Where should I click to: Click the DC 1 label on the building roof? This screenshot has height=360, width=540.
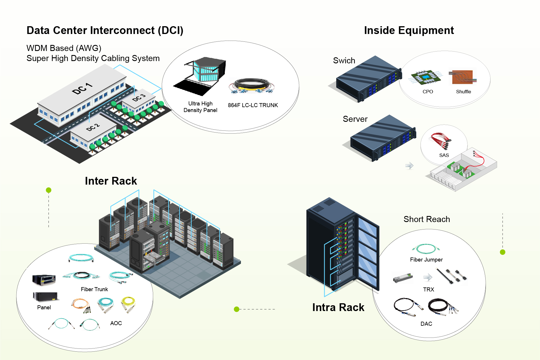tap(82, 88)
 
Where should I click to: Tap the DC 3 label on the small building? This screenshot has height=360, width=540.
tap(139, 98)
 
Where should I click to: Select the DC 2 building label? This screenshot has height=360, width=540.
tap(93, 127)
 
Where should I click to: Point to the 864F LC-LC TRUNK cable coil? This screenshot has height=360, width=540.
tap(252, 86)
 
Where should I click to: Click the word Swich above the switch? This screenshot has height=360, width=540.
tap(344, 60)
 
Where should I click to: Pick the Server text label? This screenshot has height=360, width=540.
tap(355, 119)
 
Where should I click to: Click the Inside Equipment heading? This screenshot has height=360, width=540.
tap(409, 30)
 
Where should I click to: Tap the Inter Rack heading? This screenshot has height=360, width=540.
tap(111, 181)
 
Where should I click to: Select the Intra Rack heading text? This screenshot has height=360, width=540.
tap(338, 307)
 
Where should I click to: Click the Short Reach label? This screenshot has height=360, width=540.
tap(427, 219)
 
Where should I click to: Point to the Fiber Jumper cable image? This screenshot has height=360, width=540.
tap(426, 248)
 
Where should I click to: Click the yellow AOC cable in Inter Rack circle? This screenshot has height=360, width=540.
tap(128, 304)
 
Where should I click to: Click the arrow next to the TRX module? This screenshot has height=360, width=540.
tap(428, 277)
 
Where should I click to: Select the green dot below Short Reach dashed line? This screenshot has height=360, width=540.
tap(503, 252)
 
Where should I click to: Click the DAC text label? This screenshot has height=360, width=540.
tap(426, 324)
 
